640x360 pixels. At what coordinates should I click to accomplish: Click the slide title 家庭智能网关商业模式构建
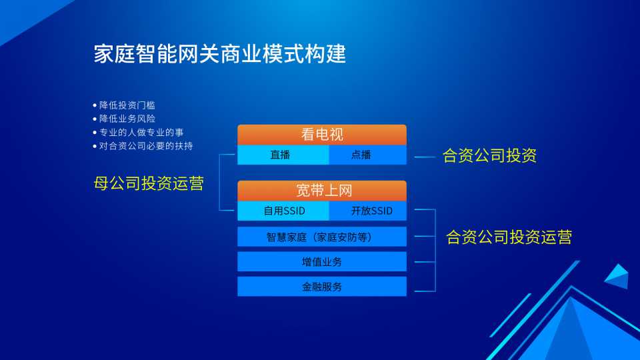tap(220, 54)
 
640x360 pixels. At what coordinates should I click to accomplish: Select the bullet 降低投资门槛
tap(127, 105)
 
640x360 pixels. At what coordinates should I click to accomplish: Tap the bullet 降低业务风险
tap(127, 119)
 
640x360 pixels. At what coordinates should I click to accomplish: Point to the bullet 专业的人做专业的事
tap(141, 132)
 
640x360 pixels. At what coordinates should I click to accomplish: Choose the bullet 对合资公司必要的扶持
tap(146, 146)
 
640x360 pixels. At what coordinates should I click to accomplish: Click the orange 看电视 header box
tap(322, 135)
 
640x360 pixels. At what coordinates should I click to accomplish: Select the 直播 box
tap(283, 155)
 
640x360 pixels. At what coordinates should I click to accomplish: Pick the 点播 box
tap(368, 155)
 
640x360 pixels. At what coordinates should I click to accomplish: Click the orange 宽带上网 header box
tap(322, 191)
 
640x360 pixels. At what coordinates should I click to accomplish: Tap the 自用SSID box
tap(283, 211)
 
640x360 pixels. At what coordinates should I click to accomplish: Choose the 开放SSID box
tap(368, 211)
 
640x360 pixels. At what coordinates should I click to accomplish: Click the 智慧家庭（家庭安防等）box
tap(322, 237)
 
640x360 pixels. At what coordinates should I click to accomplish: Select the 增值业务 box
tap(322, 261)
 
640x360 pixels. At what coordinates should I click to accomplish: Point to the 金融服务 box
tap(322, 287)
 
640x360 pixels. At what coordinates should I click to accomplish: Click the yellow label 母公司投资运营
tap(149, 183)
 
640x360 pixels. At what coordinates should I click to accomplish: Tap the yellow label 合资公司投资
tap(489, 155)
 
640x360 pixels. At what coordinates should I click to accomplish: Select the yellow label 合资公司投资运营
tap(509, 237)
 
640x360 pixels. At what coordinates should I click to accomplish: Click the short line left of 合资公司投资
tap(425, 157)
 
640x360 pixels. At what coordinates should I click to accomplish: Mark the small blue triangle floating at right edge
tap(617, 276)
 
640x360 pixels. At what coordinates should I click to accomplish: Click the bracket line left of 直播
tap(219, 183)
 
